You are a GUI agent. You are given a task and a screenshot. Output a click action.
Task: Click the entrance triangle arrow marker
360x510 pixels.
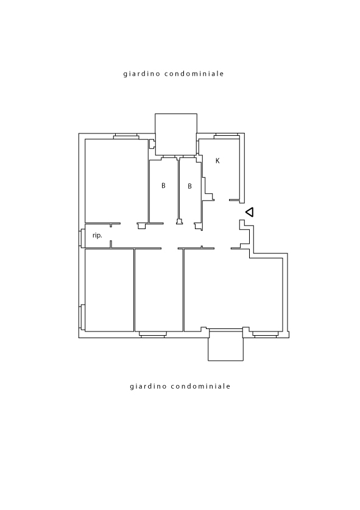coord(250,213)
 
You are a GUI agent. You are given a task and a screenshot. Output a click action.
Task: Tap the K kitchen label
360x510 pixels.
coord(217,161)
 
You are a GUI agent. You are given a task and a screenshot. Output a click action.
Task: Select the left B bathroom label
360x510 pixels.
coord(164,186)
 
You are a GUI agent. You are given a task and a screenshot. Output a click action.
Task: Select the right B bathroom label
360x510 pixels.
coord(189,186)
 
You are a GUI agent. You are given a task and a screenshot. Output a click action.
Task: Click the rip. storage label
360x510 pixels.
coord(97,235)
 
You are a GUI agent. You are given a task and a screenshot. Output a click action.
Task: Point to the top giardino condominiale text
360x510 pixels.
coord(174,74)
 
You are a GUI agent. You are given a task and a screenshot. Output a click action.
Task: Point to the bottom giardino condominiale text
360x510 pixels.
coord(180,386)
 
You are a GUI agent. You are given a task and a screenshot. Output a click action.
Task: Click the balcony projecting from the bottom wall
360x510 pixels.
coord(226,345)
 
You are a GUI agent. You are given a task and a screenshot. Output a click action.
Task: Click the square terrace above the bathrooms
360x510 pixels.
coord(176,134)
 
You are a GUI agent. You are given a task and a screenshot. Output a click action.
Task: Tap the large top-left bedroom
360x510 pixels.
coord(116,181)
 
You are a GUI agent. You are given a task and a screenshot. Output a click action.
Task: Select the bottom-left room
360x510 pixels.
coord(109,290)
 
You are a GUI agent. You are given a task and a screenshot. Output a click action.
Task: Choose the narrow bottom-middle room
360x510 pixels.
coord(159,290)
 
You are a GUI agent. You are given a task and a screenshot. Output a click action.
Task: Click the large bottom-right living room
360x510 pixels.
coord(233,290)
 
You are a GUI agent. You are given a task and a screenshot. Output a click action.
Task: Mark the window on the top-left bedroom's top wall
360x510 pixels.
coord(126,136)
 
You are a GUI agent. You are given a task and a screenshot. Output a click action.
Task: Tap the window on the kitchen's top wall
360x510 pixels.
coord(227,136)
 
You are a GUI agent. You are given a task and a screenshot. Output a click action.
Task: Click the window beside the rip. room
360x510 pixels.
coord(81,238)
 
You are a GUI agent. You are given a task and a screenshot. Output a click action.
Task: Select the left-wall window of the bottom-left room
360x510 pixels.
coord(82,317)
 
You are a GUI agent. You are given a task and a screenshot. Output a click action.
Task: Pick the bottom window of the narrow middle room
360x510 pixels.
coord(153,334)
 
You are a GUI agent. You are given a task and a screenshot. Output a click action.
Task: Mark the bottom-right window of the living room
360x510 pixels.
coord(266,334)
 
